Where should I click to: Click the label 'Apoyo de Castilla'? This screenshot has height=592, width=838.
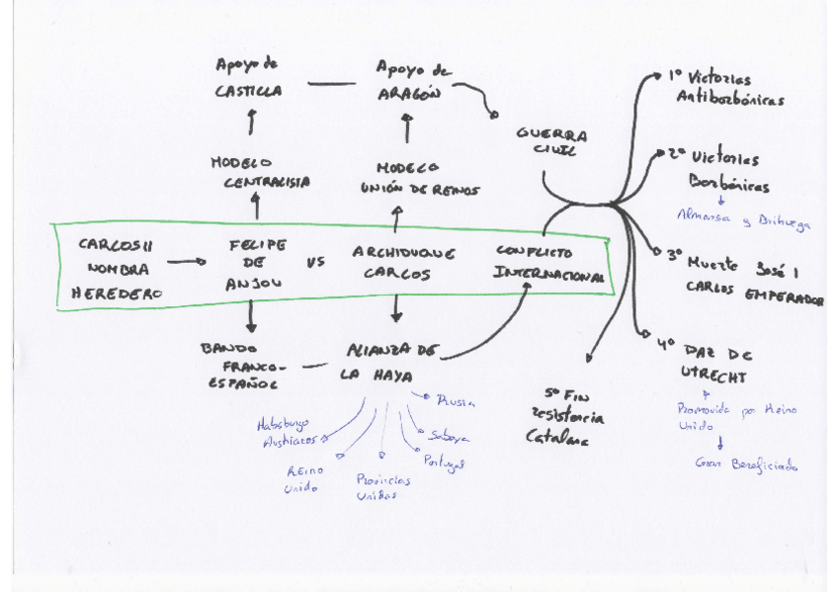tap(248, 77)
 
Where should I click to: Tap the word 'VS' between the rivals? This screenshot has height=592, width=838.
tap(315, 262)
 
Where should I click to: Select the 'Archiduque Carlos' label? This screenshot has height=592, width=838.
tap(402, 264)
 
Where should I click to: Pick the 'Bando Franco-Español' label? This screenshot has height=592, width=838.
tap(241, 365)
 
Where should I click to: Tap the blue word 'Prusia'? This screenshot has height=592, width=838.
tap(456, 400)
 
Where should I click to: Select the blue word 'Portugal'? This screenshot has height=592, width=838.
tap(444, 462)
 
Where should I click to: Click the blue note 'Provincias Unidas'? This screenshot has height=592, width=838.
tap(383, 486)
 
